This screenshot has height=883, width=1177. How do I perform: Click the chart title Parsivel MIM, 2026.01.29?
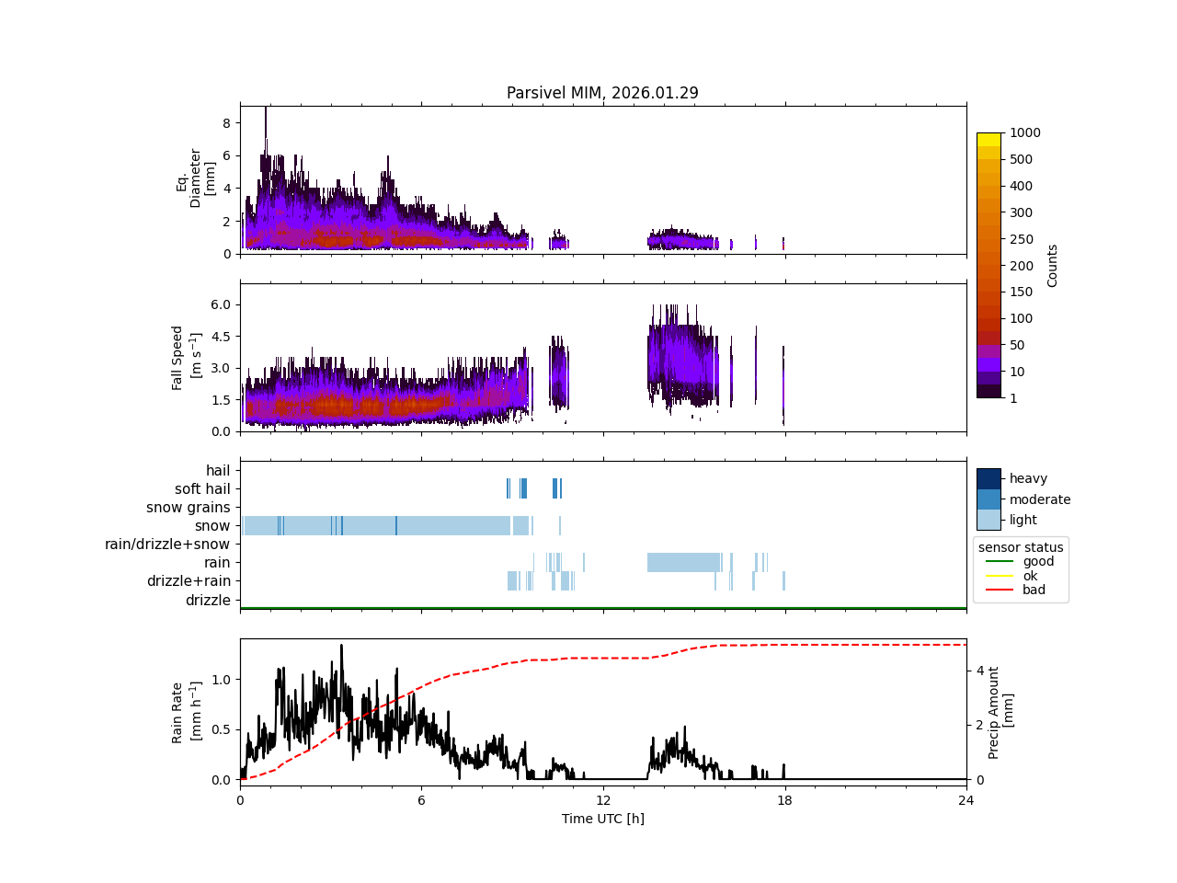tap(602, 93)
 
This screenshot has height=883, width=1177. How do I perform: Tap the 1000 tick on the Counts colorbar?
tap(1024, 132)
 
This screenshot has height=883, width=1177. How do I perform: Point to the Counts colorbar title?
tap(1053, 265)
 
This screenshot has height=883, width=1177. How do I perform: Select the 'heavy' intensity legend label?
tap(1028, 478)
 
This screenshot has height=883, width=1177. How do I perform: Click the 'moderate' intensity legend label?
tap(1039, 499)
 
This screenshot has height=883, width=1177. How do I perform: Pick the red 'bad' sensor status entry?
tap(1034, 591)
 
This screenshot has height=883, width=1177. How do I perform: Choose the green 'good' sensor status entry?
tap(1038, 561)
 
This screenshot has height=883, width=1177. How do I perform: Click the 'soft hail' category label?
tap(202, 489)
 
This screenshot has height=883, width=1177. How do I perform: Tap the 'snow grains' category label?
tap(188, 508)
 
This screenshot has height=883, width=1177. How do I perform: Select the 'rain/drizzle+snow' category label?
tap(167, 545)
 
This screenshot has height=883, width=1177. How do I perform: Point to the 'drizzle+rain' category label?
tap(189, 581)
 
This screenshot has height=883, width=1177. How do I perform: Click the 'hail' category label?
tap(218, 471)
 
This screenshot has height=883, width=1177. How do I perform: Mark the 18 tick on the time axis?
tap(784, 800)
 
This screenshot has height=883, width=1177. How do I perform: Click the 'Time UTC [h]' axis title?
tap(602, 819)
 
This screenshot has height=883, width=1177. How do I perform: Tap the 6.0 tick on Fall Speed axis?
tap(220, 304)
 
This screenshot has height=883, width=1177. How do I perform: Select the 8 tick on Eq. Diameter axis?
tap(226, 122)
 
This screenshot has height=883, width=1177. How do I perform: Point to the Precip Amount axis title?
tap(1000, 712)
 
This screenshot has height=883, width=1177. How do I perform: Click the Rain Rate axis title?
tap(184, 712)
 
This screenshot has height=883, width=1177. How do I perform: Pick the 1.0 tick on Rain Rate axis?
tap(220, 680)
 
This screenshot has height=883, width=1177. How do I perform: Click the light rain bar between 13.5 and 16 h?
tap(683, 562)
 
